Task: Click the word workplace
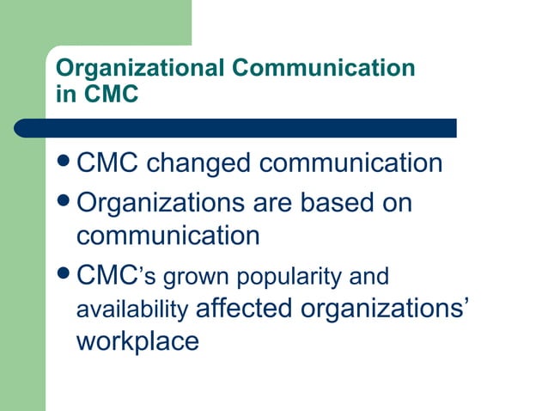coord(137,340)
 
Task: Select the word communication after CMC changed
coord(351,163)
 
